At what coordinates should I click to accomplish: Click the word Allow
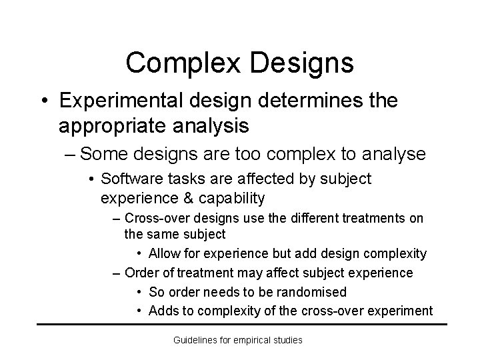pos(165,253)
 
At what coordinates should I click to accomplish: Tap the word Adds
pos(164,311)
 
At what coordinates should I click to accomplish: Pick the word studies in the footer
pos(288,340)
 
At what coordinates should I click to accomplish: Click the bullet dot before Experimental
pos(43,101)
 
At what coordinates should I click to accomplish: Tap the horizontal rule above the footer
pos(241,325)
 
